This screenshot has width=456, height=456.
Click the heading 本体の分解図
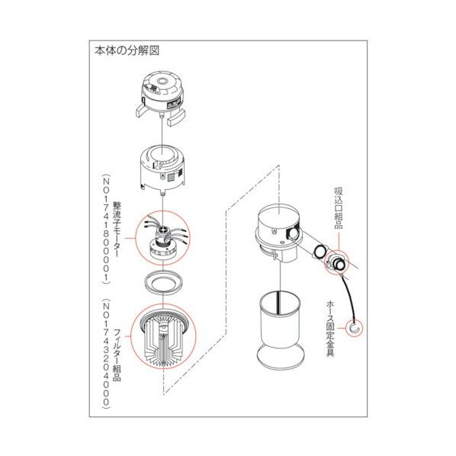pyautogui.click(x=127, y=51)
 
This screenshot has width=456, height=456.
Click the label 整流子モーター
pyautogui.click(x=117, y=230)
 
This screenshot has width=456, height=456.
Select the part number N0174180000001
pyautogui.click(x=106, y=229)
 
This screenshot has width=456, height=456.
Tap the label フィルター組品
pyautogui.click(x=117, y=355)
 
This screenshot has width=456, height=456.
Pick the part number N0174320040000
pyautogui.click(x=106, y=354)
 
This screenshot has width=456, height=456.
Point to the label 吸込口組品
pyautogui.click(x=339, y=208)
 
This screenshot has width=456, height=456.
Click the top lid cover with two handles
pyautogui.click(x=161, y=98)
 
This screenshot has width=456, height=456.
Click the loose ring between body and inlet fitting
pyautogui.click(x=320, y=250)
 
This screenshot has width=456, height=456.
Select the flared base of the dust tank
pyautogui.click(x=281, y=356)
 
